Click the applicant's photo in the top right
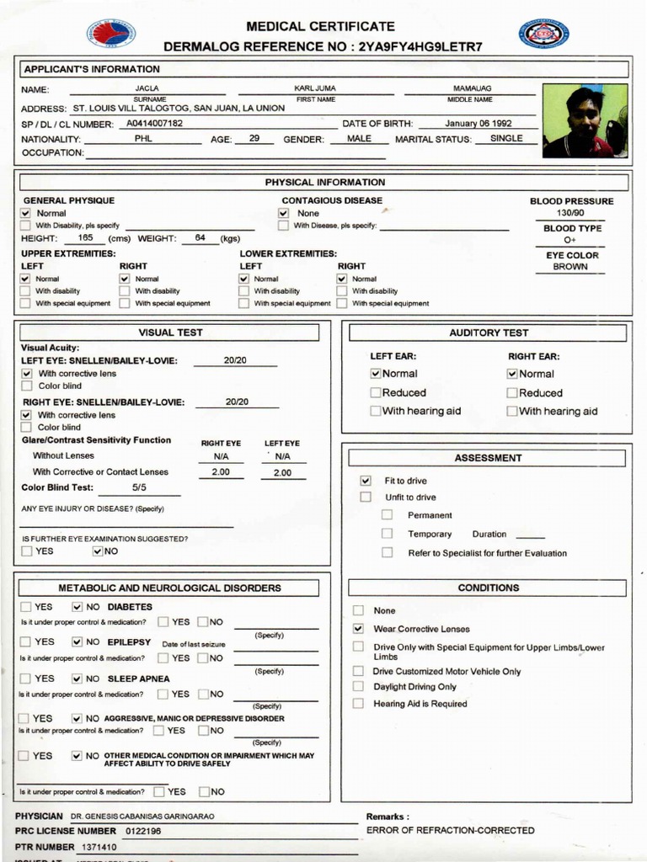click(x=585, y=120)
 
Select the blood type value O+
click(x=571, y=240)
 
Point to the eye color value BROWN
click(x=570, y=267)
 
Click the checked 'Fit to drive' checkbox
click(x=366, y=481)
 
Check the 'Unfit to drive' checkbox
click(x=366, y=498)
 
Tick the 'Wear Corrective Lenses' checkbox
click(x=358, y=629)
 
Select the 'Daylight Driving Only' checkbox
click(x=358, y=687)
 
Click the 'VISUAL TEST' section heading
click(x=170, y=333)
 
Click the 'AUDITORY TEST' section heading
click(x=489, y=333)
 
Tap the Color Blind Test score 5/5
click(x=139, y=487)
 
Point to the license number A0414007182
click(x=154, y=124)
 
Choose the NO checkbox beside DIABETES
click(x=78, y=606)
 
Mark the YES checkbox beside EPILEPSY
click(x=26, y=642)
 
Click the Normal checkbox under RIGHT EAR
click(x=512, y=374)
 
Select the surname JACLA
click(x=147, y=88)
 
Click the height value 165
click(x=85, y=238)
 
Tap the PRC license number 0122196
click(x=143, y=831)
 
